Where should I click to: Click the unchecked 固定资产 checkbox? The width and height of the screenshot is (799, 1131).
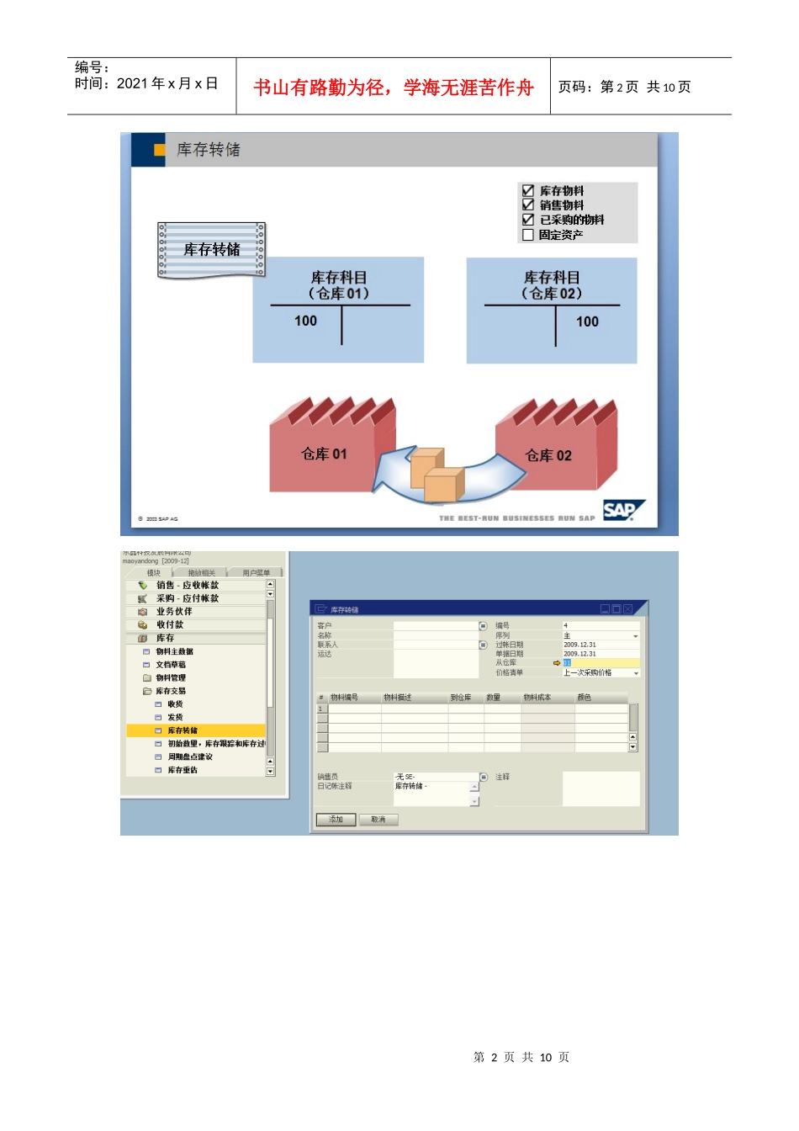point(528,235)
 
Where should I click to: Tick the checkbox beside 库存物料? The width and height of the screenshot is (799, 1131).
point(528,191)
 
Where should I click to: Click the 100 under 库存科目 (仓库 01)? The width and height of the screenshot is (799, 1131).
point(306,321)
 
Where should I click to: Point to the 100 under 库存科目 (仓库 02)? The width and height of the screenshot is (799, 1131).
point(587,321)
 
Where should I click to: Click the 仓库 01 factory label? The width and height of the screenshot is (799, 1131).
point(324,454)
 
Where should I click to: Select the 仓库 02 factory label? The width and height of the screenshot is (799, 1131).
point(548,456)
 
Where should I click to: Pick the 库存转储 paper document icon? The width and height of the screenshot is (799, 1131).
point(212,250)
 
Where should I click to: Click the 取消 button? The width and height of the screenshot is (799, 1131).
point(378,820)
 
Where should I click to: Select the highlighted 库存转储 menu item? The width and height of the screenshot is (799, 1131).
point(183,730)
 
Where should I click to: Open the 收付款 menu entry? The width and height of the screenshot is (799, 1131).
point(169,624)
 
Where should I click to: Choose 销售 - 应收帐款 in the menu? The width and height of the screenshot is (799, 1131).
point(187,585)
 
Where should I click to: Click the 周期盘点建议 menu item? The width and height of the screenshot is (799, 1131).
point(189,757)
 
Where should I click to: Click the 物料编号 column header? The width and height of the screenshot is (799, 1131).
point(344,698)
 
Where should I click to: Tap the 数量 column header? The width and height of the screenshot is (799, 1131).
point(493,698)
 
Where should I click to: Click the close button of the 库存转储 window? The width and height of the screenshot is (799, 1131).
point(627,609)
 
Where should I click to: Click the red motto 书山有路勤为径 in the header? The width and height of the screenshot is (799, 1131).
point(394,88)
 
